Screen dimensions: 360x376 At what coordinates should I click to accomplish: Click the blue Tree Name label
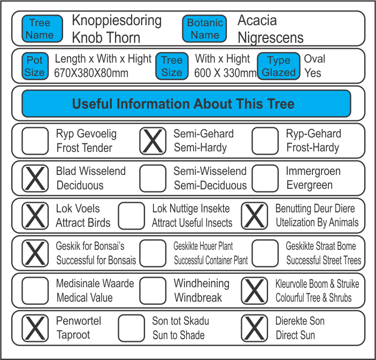pyautogui.click(x=40, y=29)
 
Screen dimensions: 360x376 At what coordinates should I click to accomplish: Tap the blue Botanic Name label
pyautogui.click(x=205, y=29)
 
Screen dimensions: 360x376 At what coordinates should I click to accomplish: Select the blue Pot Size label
pyautogui.click(x=35, y=66)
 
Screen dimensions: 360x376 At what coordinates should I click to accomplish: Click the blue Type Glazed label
pyautogui.click(x=279, y=66)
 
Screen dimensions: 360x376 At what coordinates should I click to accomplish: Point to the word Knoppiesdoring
pyautogui.click(x=117, y=21)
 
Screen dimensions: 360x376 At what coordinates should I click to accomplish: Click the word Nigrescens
pyautogui.click(x=271, y=38)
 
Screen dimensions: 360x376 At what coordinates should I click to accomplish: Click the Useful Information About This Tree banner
pyautogui.click(x=186, y=104)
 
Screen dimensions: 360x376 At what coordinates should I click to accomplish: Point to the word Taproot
pyautogui.click(x=73, y=335)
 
